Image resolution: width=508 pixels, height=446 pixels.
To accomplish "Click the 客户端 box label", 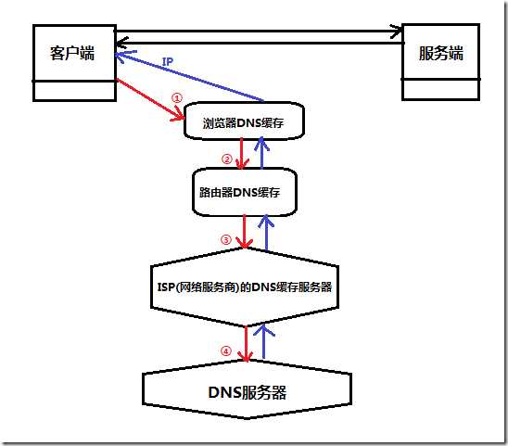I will pos(71,53).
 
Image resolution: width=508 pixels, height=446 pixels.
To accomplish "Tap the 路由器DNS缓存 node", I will pos(244,192).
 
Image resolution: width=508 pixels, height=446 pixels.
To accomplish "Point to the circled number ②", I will pos(226,158).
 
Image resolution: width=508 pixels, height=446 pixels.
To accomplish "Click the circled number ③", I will pos(225,238).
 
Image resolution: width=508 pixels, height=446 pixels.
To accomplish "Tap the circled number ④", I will pos(225,350).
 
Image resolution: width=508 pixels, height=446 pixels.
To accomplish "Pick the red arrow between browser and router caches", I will pos(243,154).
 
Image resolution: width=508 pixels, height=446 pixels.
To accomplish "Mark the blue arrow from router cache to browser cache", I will pos(263,154).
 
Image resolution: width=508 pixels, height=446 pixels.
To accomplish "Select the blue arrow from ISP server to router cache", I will pos(267,232).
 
